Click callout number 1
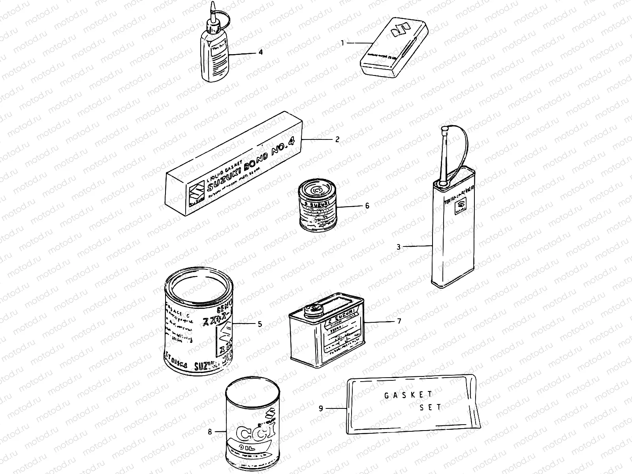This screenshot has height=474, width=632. [343, 42]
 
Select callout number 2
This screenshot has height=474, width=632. [337, 139]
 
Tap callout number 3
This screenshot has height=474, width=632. [399, 247]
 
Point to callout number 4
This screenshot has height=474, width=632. [260, 52]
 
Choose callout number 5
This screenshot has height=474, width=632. [260, 324]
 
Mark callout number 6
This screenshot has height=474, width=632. [367, 206]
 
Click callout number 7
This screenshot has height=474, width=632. [399, 321]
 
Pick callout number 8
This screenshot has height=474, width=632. [210, 432]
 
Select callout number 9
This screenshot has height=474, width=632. [321, 408]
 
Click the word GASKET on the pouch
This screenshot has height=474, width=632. [409, 394]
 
